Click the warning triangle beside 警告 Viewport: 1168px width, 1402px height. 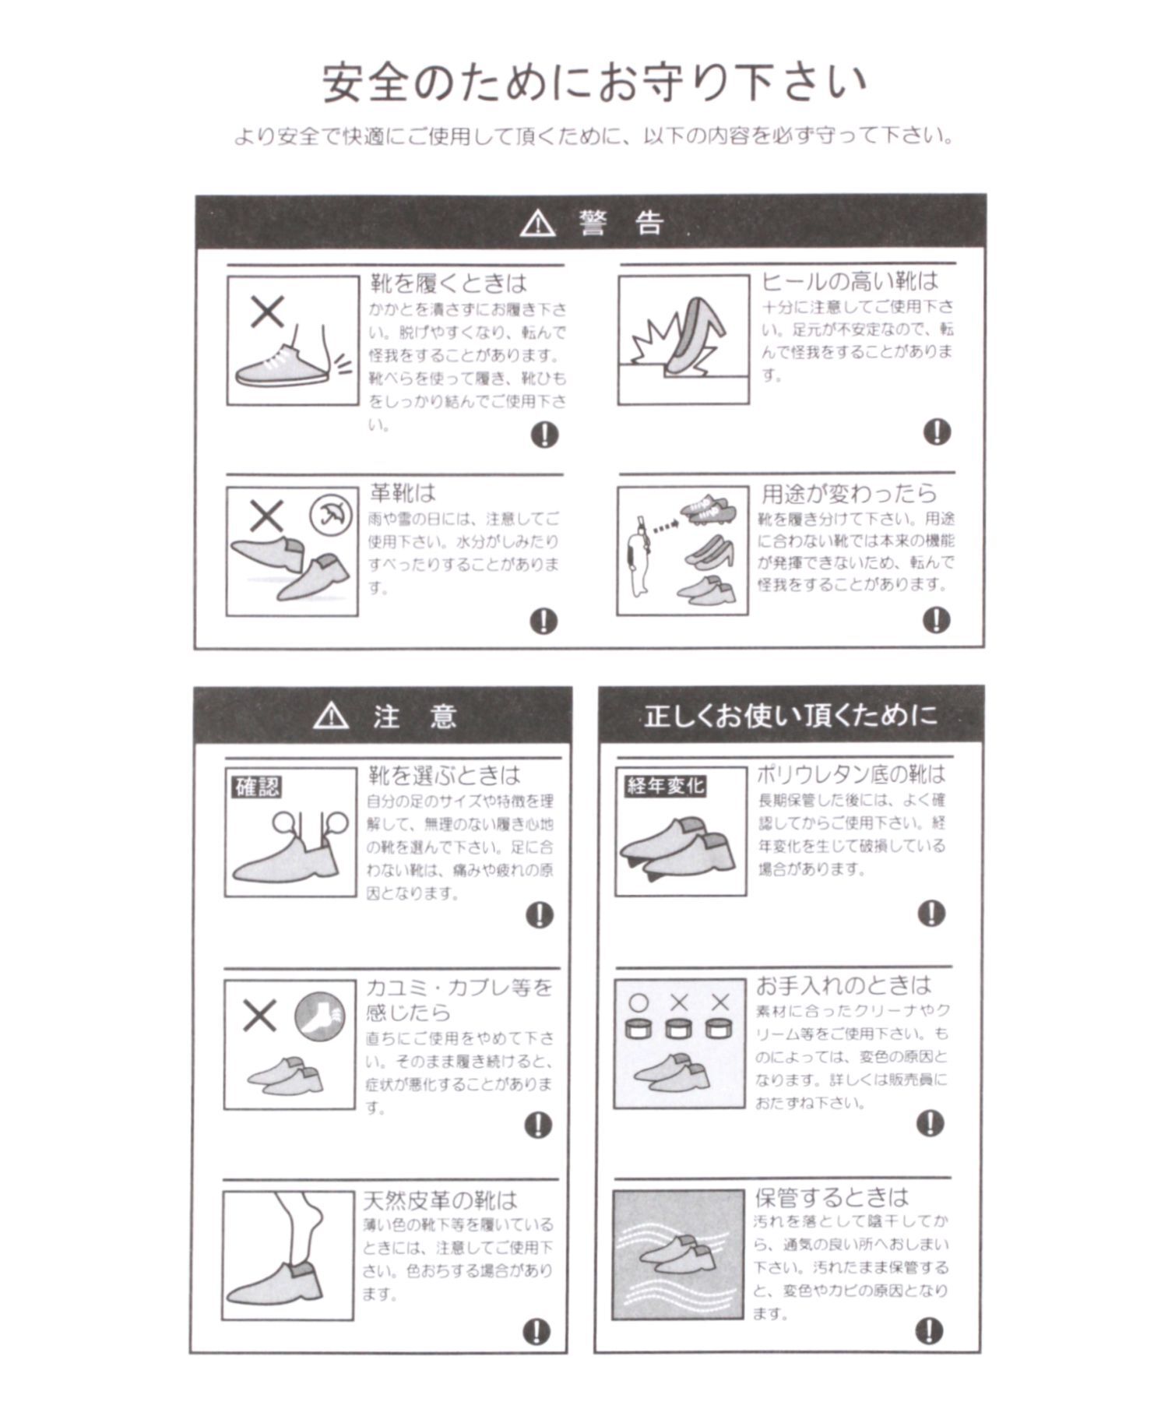coord(537,224)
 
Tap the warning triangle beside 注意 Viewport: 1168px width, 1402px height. coord(331,715)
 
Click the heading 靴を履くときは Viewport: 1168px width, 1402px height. coord(448,282)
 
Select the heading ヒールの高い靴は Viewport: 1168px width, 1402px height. coord(850,280)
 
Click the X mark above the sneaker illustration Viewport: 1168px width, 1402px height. coord(267,313)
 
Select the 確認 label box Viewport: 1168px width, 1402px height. coord(257,787)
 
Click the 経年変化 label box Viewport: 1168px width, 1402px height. coord(664,785)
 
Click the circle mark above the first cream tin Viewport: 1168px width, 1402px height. coord(639,1003)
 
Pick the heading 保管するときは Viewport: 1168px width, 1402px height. coord(832,1196)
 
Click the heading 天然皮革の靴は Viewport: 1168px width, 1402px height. coord(440,1199)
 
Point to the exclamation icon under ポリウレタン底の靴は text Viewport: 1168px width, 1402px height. coord(931,913)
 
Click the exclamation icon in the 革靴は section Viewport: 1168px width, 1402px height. coord(544,621)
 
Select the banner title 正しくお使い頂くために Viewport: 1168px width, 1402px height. coord(790,715)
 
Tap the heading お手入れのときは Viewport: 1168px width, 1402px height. coord(843,985)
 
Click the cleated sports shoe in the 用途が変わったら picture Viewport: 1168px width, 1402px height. coord(705,510)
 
